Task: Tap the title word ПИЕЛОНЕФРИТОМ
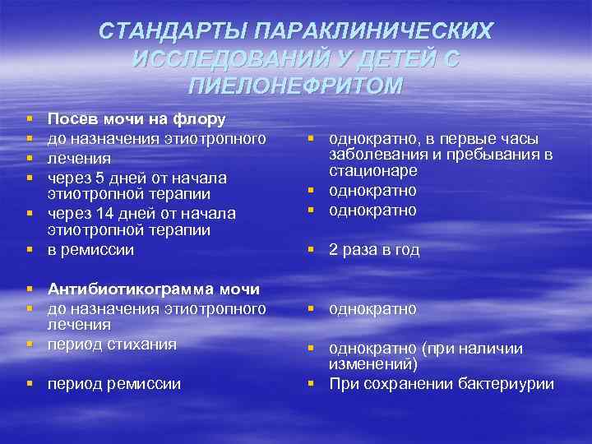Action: tap(296, 86)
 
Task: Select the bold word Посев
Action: tap(71, 119)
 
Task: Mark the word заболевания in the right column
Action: tap(373, 155)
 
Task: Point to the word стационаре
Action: tap(372, 171)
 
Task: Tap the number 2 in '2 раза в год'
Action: tap(334, 250)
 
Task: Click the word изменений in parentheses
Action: tap(370, 364)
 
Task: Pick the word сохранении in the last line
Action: tap(395, 383)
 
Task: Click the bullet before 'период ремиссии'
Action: tap(30, 383)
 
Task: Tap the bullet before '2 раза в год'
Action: tap(312, 250)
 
